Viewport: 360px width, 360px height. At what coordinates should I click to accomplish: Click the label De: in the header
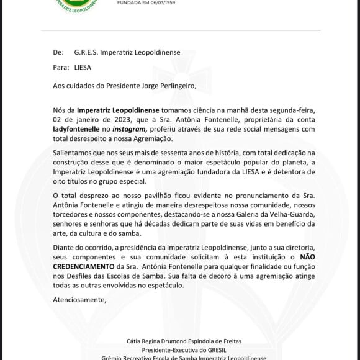(59, 53)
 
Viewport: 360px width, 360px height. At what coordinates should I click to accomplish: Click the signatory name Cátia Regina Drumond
(166, 340)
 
